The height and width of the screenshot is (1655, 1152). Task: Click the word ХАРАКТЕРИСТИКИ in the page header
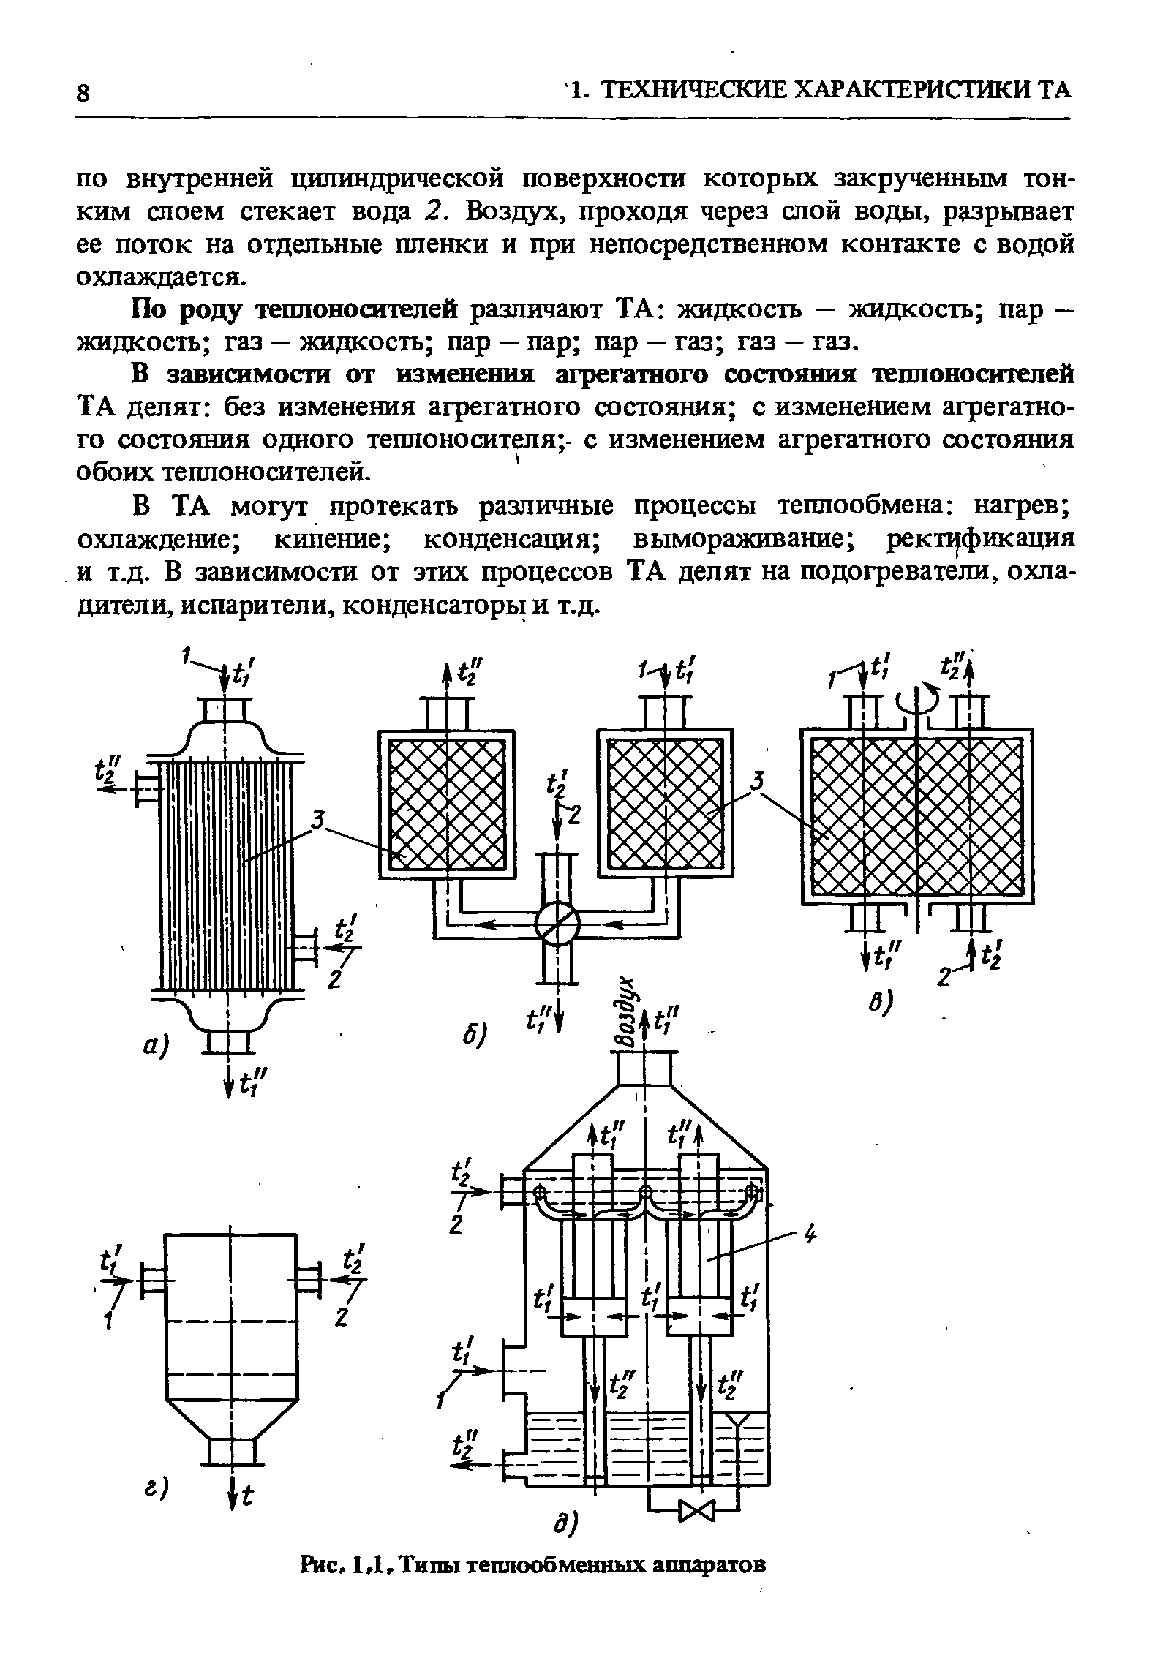click(x=910, y=90)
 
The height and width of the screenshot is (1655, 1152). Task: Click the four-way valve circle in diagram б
click(x=557, y=927)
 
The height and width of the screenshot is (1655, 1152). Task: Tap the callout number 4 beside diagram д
click(x=809, y=1235)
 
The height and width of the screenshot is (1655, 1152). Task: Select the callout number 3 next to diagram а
click(x=317, y=821)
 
